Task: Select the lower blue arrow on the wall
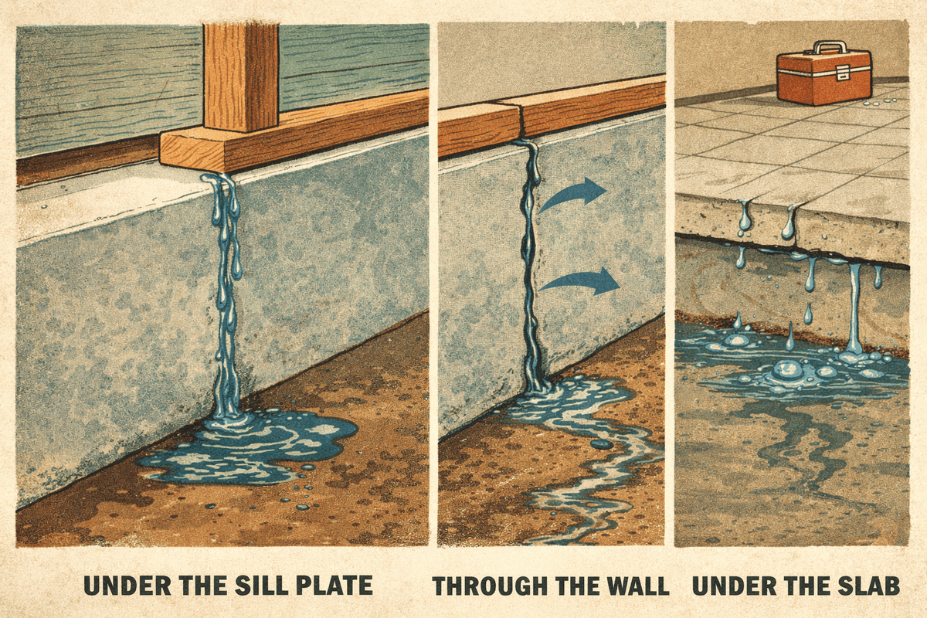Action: coord(579,280)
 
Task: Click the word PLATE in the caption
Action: coord(335,586)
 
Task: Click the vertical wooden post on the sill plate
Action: coord(241,76)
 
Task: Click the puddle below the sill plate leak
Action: coord(248,449)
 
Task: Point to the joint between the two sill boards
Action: coord(521,122)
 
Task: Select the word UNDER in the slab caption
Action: coord(735,586)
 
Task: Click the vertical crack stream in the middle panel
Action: coord(530,265)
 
